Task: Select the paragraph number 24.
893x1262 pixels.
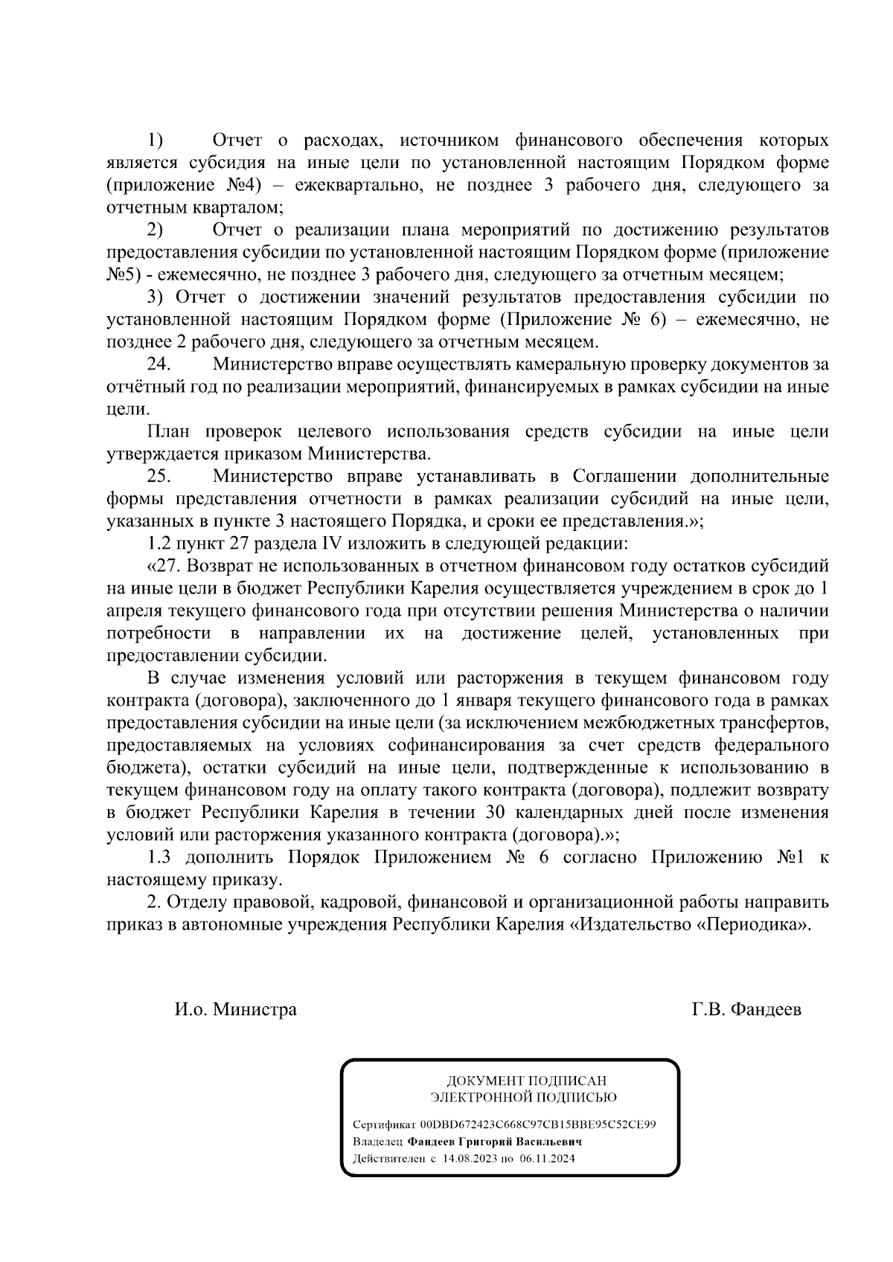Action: tap(160, 365)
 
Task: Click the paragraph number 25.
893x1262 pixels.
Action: tap(160, 477)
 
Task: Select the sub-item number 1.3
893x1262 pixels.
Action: tap(161, 857)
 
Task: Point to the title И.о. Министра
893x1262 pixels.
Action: tap(236, 1010)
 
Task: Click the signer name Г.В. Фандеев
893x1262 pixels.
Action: tap(746, 1010)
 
